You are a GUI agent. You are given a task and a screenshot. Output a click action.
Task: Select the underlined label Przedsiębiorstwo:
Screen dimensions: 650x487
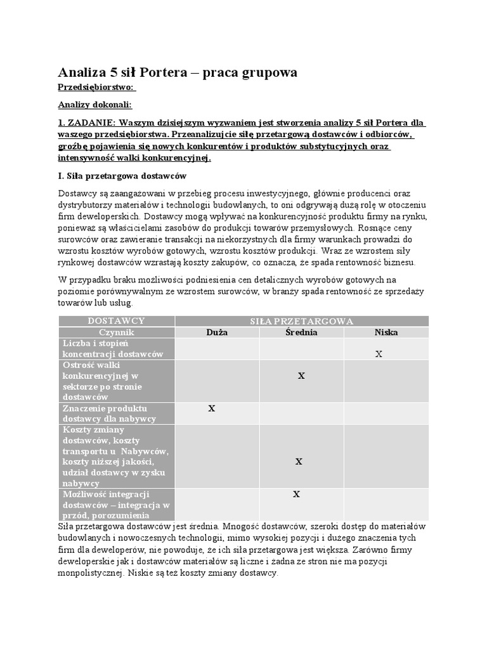pos(96,88)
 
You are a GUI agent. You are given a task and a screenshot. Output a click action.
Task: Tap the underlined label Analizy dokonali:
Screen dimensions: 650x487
pos(95,105)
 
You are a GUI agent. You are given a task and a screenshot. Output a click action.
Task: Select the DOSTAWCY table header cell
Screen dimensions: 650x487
pos(117,321)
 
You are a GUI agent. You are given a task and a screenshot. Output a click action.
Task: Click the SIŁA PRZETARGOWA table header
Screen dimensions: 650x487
pos(301,321)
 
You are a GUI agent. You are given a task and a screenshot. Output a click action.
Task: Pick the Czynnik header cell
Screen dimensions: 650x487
pos(117,332)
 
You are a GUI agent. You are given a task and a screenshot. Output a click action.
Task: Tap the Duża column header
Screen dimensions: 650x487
pos(217,332)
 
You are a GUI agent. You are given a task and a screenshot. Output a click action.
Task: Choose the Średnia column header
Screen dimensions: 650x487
pos(301,332)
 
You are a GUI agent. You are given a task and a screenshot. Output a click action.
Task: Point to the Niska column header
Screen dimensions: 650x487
pos(386,332)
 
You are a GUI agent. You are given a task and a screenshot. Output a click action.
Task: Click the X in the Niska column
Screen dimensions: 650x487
pos(379,354)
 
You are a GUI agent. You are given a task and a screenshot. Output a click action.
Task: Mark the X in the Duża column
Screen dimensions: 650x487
pos(212,409)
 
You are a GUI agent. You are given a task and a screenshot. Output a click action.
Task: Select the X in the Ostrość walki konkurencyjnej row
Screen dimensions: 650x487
pos(301,376)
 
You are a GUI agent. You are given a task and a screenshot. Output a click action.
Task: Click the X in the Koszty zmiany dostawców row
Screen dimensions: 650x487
pos(299,462)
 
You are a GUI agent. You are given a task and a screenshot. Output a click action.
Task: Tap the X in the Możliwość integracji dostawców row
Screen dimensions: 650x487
pos(296,494)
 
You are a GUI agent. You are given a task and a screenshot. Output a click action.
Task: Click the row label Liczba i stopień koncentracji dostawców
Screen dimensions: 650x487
pos(113,348)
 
